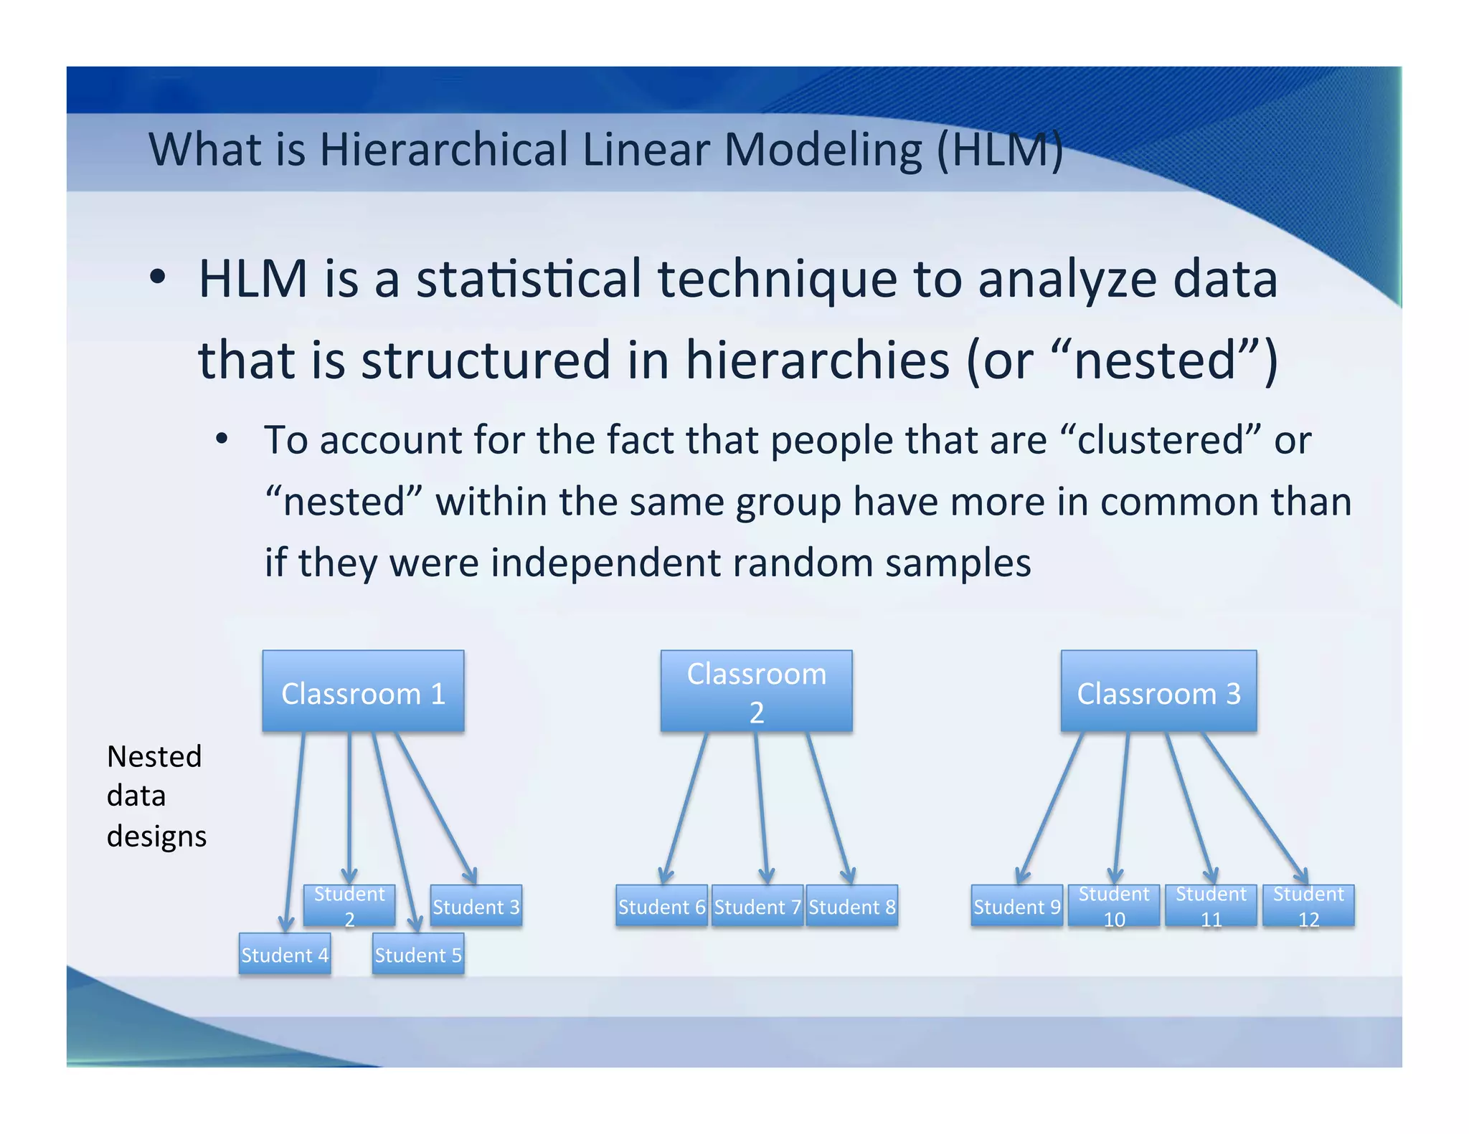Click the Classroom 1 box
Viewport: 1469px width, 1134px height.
coord(363,691)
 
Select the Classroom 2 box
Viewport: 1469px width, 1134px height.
coord(756,691)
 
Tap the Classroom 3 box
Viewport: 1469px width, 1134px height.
coord(1158,691)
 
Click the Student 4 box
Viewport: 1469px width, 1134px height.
coord(285,954)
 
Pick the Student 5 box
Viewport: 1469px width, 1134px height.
coord(418,954)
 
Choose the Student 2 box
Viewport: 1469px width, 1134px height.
coord(349,905)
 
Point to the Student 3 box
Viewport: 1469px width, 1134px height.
coord(476,906)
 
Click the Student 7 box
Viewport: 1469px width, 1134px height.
coord(757,906)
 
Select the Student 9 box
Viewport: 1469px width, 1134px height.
coord(1016,906)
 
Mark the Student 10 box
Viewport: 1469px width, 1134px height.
coord(1114,906)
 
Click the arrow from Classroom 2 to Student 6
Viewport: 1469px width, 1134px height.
coord(686,806)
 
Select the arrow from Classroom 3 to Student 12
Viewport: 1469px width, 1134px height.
coord(1255,806)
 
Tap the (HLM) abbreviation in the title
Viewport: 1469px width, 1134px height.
coord(1000,150)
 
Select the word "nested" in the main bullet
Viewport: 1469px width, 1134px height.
coord(1155,360)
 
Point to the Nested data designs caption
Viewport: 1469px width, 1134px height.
coord(156,796)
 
